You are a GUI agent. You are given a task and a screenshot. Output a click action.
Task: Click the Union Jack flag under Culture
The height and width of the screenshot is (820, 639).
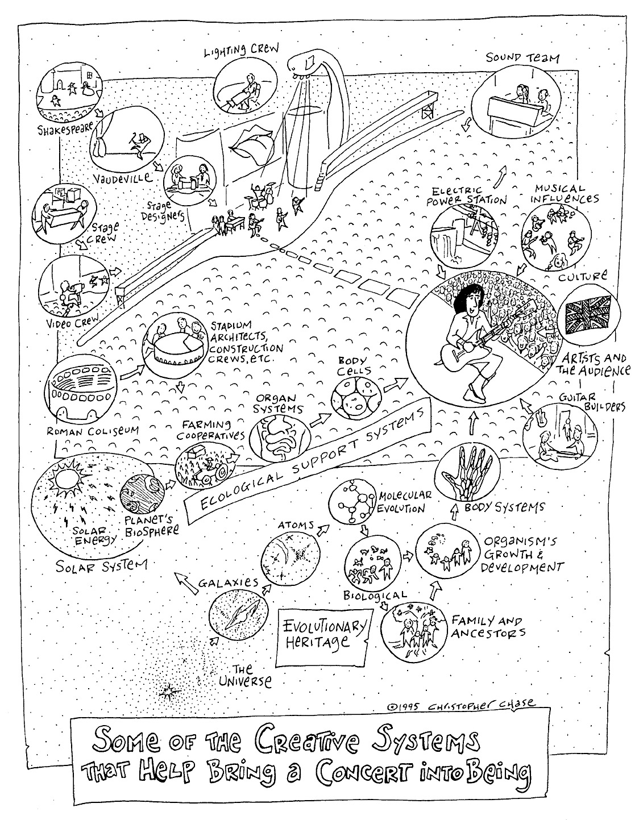588,315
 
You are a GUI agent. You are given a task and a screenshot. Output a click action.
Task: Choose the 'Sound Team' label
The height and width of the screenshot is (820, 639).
522,58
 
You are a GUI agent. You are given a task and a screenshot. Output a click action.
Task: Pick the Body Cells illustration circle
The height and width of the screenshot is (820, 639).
356,397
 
